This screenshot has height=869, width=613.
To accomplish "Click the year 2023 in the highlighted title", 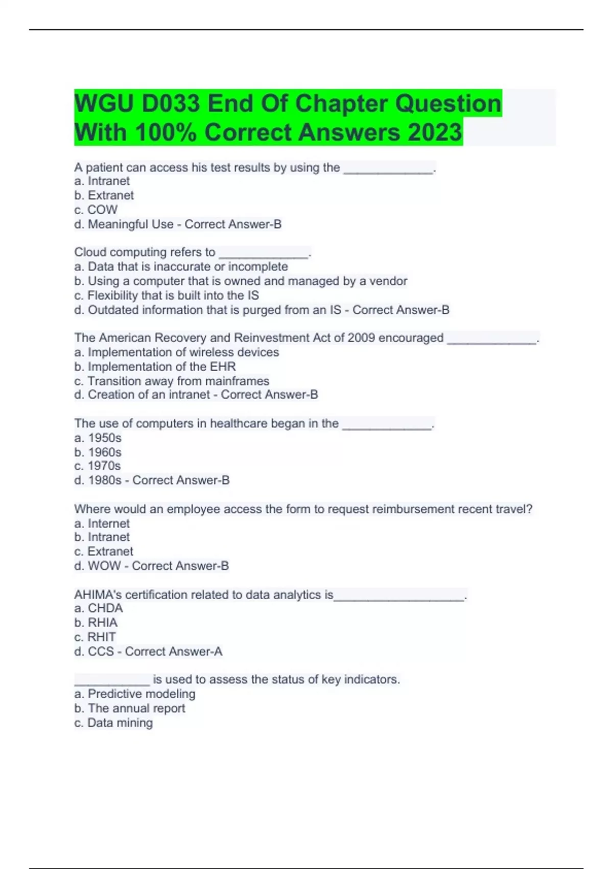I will tap(435, 132).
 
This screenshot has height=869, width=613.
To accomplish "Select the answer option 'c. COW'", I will tap(96, 210).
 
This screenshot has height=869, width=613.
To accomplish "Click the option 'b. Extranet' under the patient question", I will tap(104, 195).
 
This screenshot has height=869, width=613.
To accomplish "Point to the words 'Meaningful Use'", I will tap(131, 224).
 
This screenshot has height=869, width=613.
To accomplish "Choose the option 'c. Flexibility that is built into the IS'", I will tap(167, 295).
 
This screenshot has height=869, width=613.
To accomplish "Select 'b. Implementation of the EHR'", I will tap(155, 367).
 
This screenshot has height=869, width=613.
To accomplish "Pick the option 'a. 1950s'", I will tap(98, 438).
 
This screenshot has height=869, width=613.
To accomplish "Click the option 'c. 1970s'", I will tap(98, 466).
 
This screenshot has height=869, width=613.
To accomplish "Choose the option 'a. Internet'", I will tap(102, 523).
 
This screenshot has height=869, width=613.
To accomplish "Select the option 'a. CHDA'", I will tap(99, 608).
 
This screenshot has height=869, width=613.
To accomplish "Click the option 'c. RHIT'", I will tap(95, 637).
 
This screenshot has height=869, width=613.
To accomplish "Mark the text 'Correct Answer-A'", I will tap(174, 652).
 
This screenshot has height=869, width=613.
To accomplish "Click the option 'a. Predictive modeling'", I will tap(135, 694).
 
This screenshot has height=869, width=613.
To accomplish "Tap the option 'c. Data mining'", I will tap(113, 723).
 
